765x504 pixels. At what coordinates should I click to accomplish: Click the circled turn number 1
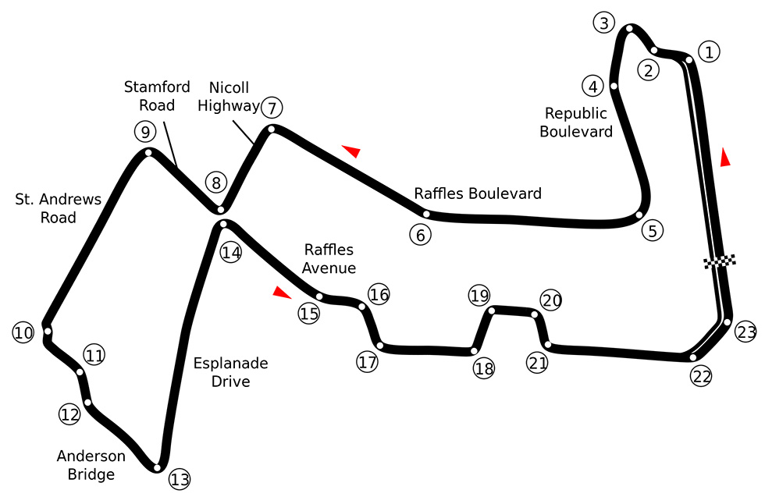click(709, 52)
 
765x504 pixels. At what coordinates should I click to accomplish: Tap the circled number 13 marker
click(180, 479)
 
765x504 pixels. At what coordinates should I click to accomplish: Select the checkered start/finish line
click(720, 261)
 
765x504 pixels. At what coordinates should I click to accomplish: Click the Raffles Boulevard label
click(478, 193)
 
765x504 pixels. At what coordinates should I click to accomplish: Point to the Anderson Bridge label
click(91, 465)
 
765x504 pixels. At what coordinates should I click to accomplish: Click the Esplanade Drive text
click(231, 372)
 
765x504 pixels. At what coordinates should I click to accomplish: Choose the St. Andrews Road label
click(59, 208)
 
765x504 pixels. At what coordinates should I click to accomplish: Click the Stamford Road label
click(157, 94)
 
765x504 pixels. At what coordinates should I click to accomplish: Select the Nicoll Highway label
click(228, 96)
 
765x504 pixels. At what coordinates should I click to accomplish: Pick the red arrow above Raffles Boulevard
click(351, 151)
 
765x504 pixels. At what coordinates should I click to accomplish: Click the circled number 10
click(23, 333)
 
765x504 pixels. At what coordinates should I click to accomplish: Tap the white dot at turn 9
click(147, 152)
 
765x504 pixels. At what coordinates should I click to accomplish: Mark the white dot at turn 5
click(639, 215)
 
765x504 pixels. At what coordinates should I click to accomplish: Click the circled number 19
click(479, 295)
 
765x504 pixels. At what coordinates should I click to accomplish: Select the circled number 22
click(701, 376)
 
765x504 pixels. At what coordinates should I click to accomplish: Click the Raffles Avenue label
click(329, 258)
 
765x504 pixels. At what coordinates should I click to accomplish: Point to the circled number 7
click(270, 107)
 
